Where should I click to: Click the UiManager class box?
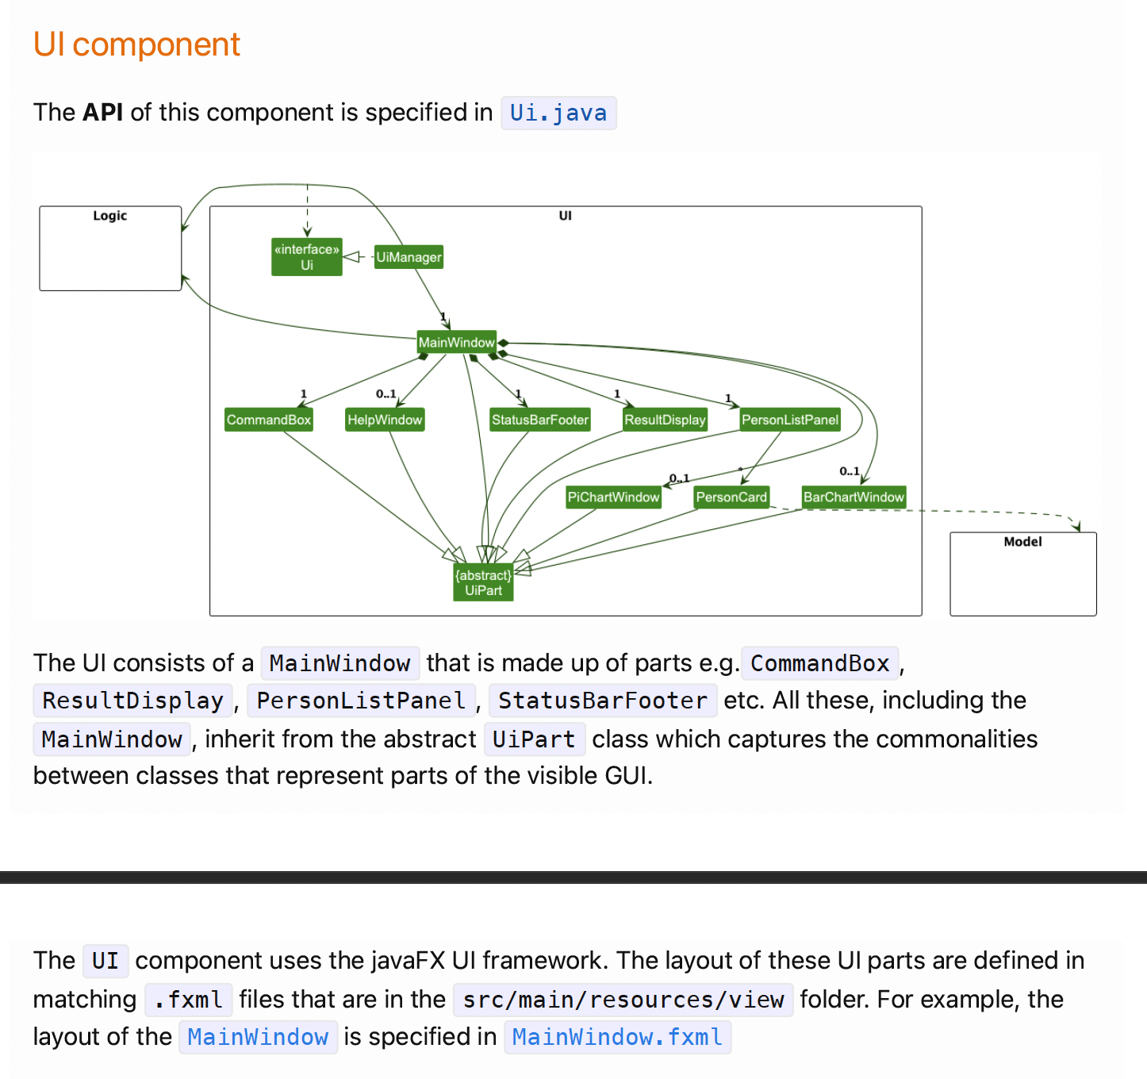pyautogui.click(x=409, y=257)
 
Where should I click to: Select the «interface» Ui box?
pyautogui.click(x=307, y=257)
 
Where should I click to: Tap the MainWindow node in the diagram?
pyautogui.click(x=457, y=343)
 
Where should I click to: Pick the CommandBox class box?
pyautogui.click(x=269, y=420)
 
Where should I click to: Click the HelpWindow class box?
pyautogui.click(x=385, y=420)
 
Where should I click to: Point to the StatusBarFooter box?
pyautogui.click(x=540, y=420)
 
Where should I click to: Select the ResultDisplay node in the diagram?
pyautogui.click(x=665, y=420)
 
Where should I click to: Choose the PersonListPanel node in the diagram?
pyautogui.click(x=790, y=420)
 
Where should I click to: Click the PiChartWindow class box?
pyautogui.click(x=613, y=497)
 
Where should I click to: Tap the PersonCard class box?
pyautogui.click(x=731, y=497)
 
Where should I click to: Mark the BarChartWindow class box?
pyautogui.click(x=854, y=497)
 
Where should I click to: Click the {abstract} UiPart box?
pyautogui.click(x=483, y=582)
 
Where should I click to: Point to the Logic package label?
pyautogui.click(x=109, y=216)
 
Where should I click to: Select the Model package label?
pyautogui.click(x=1022, y=542)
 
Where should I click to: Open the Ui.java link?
pyautogui.click(x=558, y=113)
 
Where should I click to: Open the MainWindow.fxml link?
pyautogui.click(x=617, y=1037)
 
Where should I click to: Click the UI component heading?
pyautogui.click(x=136, y=44)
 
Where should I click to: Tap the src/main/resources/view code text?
pyautogui.click(x=623, y=1000)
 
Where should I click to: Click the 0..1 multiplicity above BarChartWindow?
pyautogui.click(x=850, y=471)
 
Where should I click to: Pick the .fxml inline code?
pyautogui.click(x=189, y=1000)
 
